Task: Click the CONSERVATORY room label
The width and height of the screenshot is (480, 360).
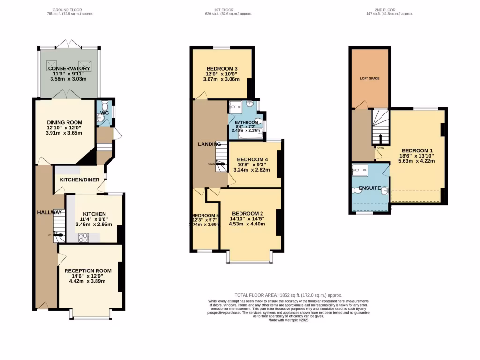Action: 69,69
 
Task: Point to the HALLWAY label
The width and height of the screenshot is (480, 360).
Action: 49,212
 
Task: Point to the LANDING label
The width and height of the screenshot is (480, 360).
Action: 209,144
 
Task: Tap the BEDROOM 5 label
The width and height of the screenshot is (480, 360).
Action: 205,216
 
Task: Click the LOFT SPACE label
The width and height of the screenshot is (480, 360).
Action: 369,78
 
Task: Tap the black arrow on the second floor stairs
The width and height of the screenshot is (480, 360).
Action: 380,139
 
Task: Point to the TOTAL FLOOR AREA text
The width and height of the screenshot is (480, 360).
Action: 288,295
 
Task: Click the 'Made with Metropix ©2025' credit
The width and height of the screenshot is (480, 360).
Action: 288,320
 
